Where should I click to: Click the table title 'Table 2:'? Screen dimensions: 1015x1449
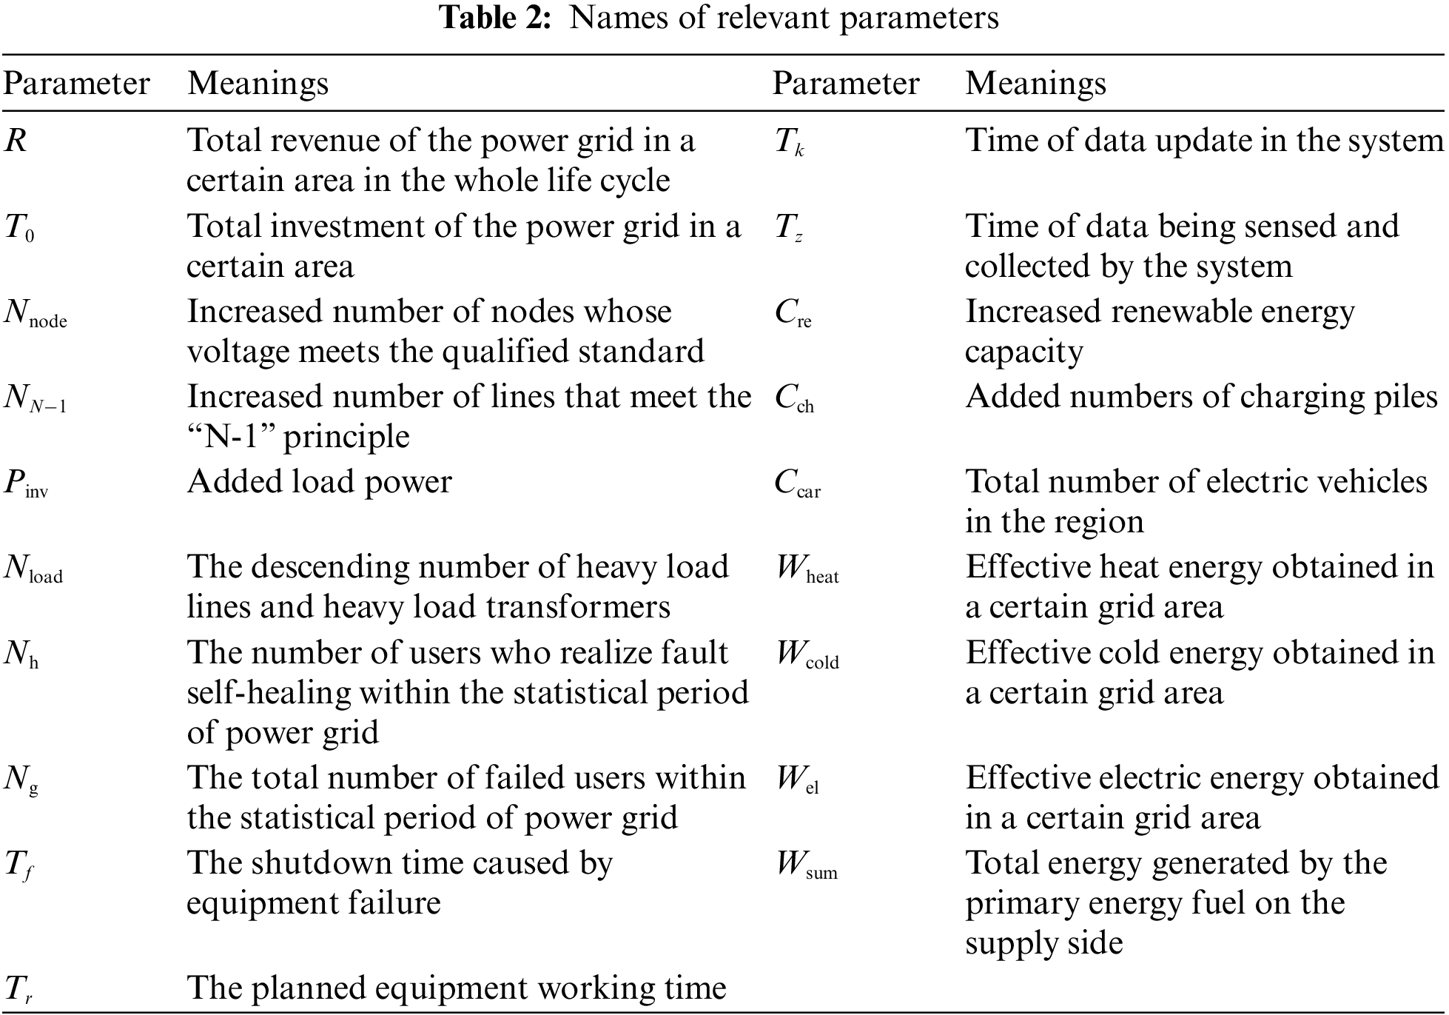pos(495,18)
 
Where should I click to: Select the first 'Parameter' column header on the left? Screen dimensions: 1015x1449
pos(76,83)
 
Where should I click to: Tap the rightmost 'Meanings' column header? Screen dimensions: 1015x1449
pos(1035,83)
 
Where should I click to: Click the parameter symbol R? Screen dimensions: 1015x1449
pos(16,141)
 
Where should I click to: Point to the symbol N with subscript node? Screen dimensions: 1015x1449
pos(35,314)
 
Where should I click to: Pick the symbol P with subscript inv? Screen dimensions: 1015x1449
pos(26,484)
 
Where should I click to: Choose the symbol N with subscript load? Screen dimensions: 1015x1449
pos(33,569)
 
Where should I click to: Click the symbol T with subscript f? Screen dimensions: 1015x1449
pos(19,865)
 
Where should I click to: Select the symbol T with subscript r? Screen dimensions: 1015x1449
pos(19,990)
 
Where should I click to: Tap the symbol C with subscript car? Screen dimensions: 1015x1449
pos(798,484)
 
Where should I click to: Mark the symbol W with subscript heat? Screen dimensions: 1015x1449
pos(807,569)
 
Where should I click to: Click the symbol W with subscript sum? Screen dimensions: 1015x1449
pos(807,865)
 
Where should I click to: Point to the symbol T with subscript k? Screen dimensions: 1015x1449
pos(789,142)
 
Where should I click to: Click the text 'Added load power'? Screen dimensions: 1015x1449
pos(319,482)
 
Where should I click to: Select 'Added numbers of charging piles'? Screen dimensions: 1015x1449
pos(1201,397)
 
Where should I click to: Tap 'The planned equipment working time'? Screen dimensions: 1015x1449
pos(456,988)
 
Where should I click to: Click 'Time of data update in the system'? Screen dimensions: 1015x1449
pos(1204,140)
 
